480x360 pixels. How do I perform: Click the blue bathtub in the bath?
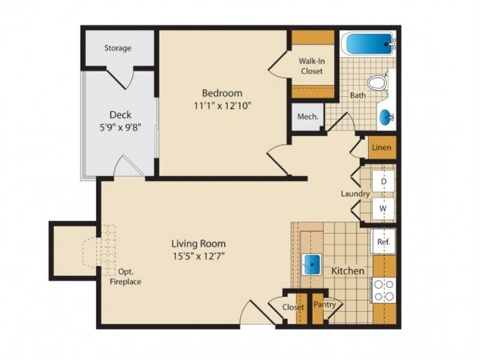coord(369,43)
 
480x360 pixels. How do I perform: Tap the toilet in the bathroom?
coord(376,83)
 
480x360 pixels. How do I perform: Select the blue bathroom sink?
coord(387,117)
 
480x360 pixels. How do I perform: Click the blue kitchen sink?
coord(312,265)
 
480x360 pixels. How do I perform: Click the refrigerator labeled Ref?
coord(383,241)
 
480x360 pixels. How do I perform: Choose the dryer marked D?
coord(383,181)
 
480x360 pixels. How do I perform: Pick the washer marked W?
coord(383,208)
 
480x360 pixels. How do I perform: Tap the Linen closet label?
coord(382,148)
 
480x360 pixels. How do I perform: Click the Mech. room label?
coord(308,117)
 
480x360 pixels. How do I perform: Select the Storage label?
coord(118,48)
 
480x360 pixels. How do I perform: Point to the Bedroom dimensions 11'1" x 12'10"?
coord(223,106)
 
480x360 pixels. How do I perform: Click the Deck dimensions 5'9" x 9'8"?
coord(120,127)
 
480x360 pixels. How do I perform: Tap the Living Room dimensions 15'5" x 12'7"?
coord(199,256)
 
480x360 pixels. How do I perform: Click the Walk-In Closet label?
coord(312,66)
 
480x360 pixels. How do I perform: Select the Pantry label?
coord(325,304)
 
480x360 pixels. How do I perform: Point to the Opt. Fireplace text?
coord(125,277)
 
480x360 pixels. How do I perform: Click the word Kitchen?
coord(348,271)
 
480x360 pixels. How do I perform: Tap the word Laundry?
coord(355,194)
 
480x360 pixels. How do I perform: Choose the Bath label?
coord(358,95)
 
